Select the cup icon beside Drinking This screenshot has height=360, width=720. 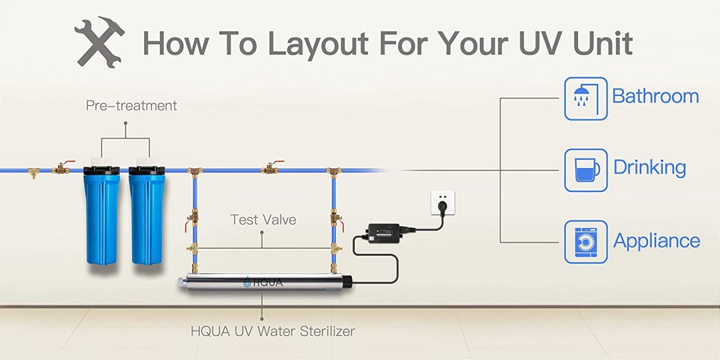tap(585, 170)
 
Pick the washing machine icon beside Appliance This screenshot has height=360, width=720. tap(585, 241)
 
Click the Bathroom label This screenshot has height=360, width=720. tap(655, 97)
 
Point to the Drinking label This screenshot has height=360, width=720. tap(649, 168)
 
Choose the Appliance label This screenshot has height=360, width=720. tap(657, 241)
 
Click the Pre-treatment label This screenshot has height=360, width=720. tap(131, 105)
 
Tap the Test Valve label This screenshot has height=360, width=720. tap(263, 219)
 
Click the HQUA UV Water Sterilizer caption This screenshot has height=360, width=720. tap(273, 331)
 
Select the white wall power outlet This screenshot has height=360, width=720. tap(443, 203)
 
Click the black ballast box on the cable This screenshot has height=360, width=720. tap(384, 231)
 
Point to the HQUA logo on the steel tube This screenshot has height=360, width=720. tap(263, 283)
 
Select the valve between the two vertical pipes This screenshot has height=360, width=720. tap(271, 168)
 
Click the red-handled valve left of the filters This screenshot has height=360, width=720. tap(62, 167)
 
